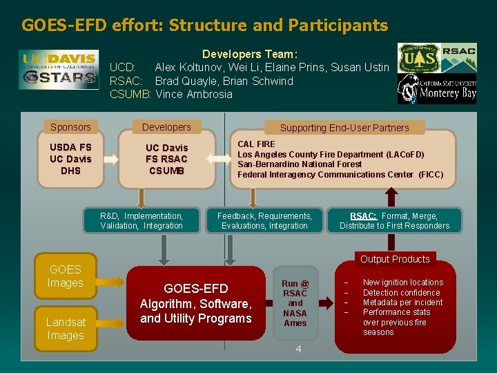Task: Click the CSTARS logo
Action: click(59, 77)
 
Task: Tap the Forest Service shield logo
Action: click(418, 58)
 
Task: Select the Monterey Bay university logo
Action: click(437, 89)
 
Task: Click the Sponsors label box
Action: click(70, 127)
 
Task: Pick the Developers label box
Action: click(166, 127)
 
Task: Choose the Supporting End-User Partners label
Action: click(344, 128)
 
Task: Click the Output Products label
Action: click(395, 259)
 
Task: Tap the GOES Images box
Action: click(65, 276)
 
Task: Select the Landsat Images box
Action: click(65, 329)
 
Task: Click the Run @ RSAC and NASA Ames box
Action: click(295, 303)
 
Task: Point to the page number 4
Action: click(298, 349)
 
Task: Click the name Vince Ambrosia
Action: click(194, 94)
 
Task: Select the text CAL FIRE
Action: click(256, 144)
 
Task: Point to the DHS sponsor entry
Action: click(70, 171)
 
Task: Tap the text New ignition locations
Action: click(403, 283)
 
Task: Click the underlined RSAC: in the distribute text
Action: click(363, 216)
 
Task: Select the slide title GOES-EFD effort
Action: click(204, 26)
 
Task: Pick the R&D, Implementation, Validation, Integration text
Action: click(142, 221)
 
